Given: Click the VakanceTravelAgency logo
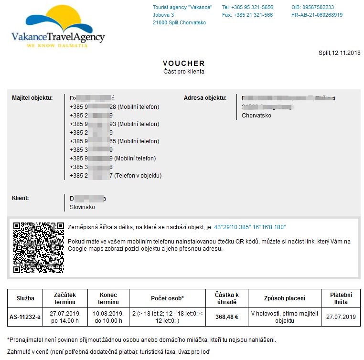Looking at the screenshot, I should coord(58,26).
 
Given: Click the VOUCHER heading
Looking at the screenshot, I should coord(183,63).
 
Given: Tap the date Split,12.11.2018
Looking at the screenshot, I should coord(339,53).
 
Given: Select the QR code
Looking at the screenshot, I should coord(39,248).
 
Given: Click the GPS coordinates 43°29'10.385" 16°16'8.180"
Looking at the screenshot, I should coord(250,227).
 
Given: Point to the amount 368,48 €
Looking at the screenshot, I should coord(226,317).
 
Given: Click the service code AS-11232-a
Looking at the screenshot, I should coord(25,317).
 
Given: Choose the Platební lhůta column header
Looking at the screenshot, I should coord(341,298).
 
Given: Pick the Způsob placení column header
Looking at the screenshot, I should coord(284,298).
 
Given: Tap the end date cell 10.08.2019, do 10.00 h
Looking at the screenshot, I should coord(108,317).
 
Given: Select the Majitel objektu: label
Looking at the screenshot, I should coord(32,98).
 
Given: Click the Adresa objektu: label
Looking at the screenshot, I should coord(205,98).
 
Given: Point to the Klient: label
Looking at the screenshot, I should coord(21,197).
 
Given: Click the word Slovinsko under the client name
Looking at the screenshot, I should coord(82,207).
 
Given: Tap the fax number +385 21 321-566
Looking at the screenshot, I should coord(247,15).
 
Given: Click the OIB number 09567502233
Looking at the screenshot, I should coord(312,7).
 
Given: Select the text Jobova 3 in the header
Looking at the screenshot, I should coord(163,15).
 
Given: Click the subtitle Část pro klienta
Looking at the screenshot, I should coord(183,72).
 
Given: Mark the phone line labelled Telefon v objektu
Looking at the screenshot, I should coord(116,176).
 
